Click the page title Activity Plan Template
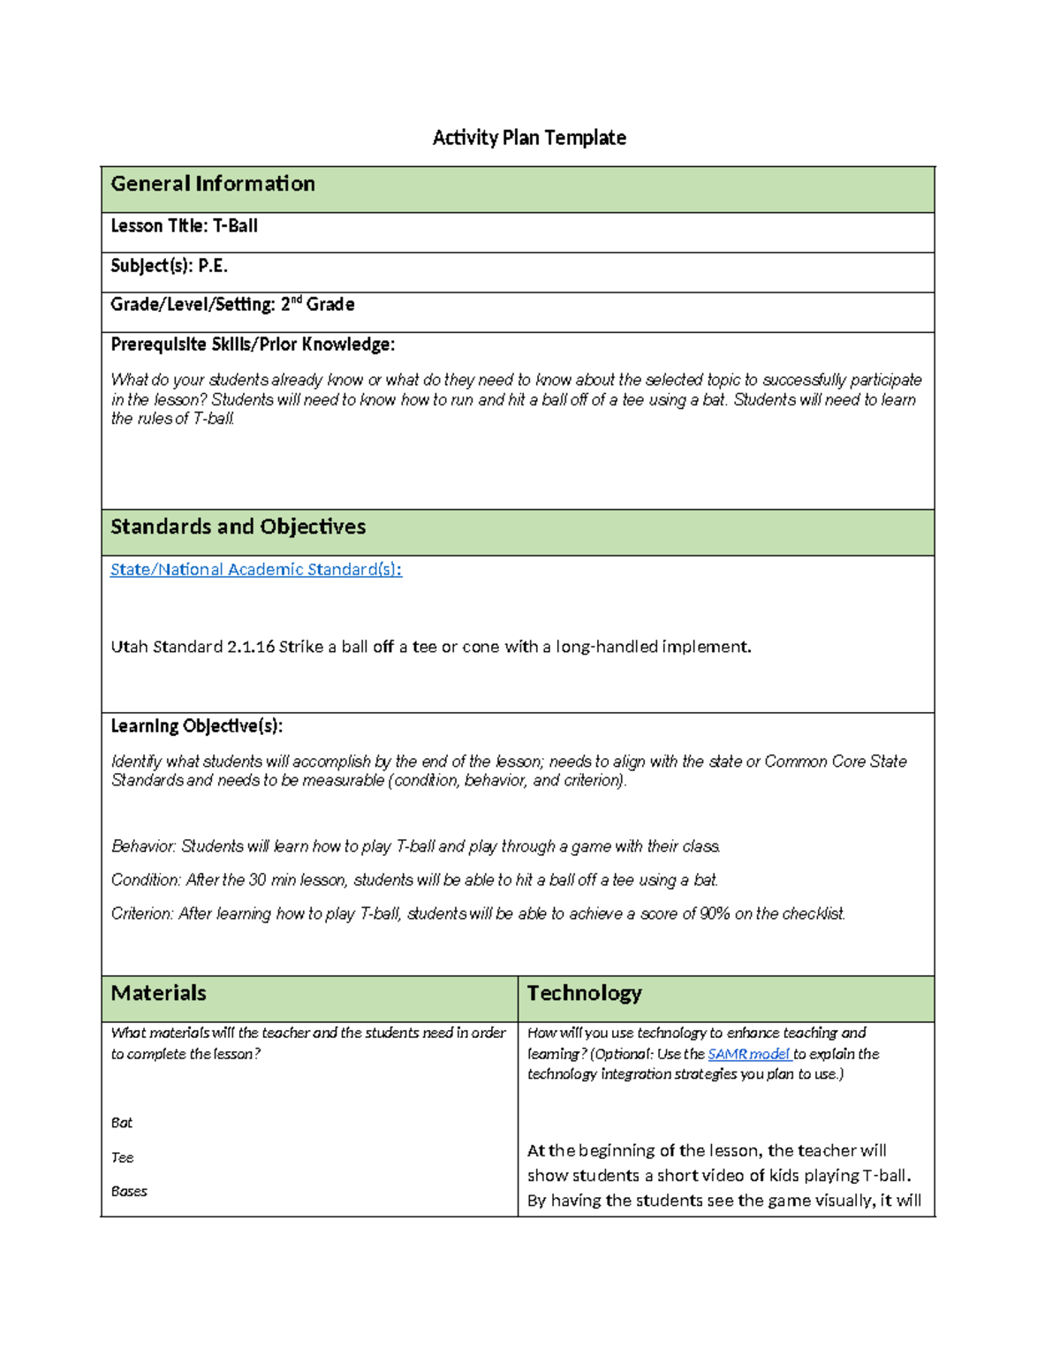point(529,138)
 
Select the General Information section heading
point(213,184)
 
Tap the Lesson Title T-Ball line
point(184,226)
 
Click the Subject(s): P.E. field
point(169,266)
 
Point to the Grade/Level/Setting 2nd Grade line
point(232,305)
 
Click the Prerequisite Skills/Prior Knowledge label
point(253,345)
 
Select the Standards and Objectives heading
point(238,527)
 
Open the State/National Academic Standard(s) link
point(255,570)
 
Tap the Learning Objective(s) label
point(196,726)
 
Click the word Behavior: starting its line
point(143,846)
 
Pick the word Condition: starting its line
point(146,880)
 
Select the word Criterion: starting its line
point(142,913)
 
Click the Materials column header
point(159,993)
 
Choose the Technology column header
point(584,993)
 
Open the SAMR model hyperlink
point(748,1054)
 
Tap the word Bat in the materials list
point(122,1123)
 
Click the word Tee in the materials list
point(122,1157)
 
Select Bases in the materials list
point(129,1191)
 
